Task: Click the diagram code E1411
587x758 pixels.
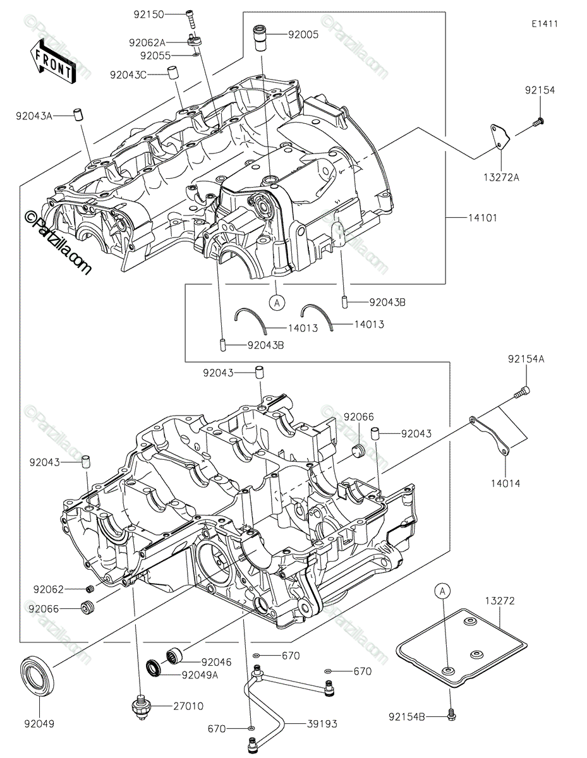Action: [x=544, y=24]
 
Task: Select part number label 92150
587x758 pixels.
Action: [x=148, y=14]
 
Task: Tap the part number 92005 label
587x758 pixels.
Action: [x=303, y=35]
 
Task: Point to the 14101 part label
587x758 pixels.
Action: [x=482, y=218]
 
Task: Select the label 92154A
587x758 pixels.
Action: [x=525, y=359]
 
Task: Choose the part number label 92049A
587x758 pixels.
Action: [x=200, y=675]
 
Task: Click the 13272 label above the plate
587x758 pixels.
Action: [x=500, y=601]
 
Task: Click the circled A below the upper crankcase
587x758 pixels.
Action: [x=276, y=303]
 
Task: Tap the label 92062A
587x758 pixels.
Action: [x=147, y=43]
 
